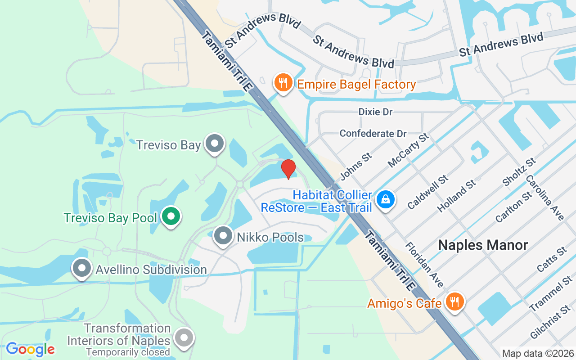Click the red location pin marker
pyautogui.click(x=288, y=169)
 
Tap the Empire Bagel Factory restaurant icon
pyautogui.click(x=283, y=83)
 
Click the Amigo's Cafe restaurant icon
pyautogui.click(x=455, y=301)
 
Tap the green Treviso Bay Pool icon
pyautogui.click(x=171, y=216)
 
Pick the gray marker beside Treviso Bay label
pyautogui.click(x=215, y=144)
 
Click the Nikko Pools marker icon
pyautogui.click(x=223, y=236)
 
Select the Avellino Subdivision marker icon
pyautogui.click(x=82, y=268)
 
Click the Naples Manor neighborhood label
pyautogui.click(x=483, y=245)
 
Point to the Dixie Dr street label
pyautogui.click(x=375, y=112)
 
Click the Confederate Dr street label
pyautogui.click(x=373, y=134)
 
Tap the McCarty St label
pyautogui.click(x=408, y=150)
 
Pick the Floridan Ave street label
pyautogui.click(x=424, y=265)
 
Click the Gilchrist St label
pyautogui.click(x=550, y=322)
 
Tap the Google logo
pyautogui.click(x=30, y=349)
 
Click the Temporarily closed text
pyautogui.click(x=128, y=352)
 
